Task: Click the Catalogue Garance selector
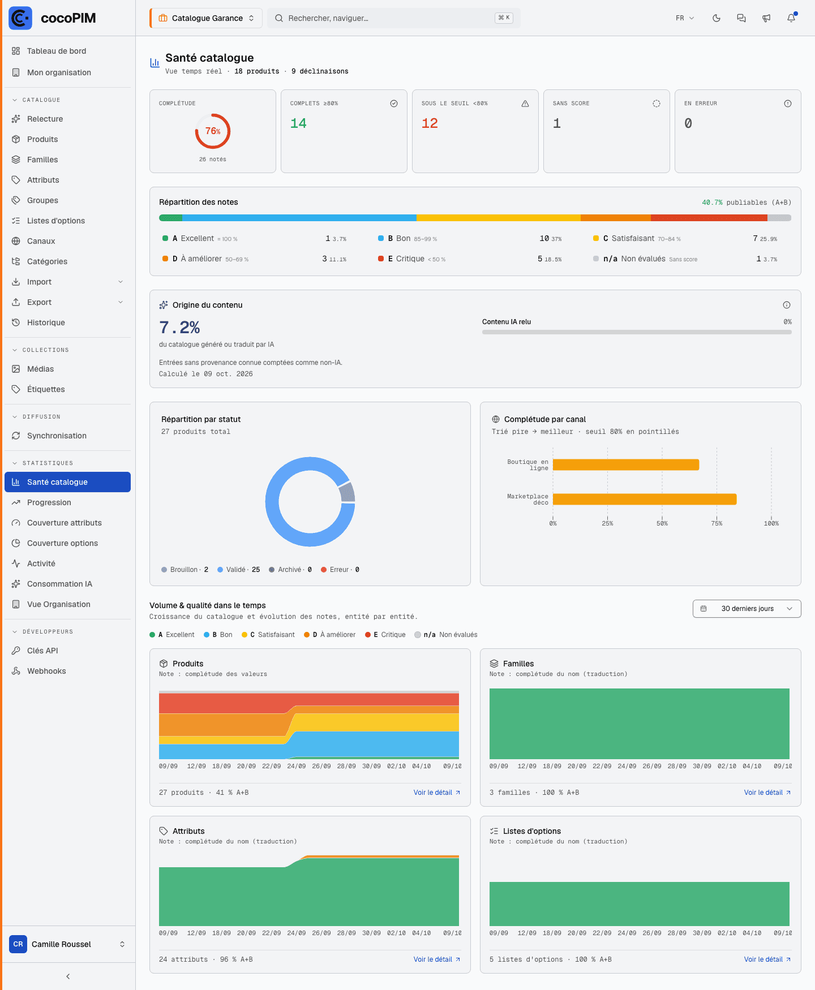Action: tap(206, 18)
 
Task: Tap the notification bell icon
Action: tap(791, 18)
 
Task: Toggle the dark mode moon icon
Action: tap(717, 18)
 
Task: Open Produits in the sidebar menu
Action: tap(42, 139)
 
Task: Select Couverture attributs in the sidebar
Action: tap(65, 523)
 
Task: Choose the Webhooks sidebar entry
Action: tap(46, 671)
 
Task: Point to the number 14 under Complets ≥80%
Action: tap(298, 123)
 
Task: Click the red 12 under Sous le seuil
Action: tap(430, 123)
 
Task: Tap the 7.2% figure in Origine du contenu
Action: tap(179, 328)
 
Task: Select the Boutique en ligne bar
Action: tap(626, 464)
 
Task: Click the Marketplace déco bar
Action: tap(645, 499)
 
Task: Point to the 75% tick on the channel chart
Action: tap(717, 523)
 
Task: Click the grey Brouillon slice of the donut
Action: tap(348, 492)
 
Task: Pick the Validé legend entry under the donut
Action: tap(239, 570)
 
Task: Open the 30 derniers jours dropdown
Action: tap(747, 609)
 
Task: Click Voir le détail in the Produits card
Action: tap(437, 793)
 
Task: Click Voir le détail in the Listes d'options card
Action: tap(767, 959)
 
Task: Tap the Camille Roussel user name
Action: tap(61, 944)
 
